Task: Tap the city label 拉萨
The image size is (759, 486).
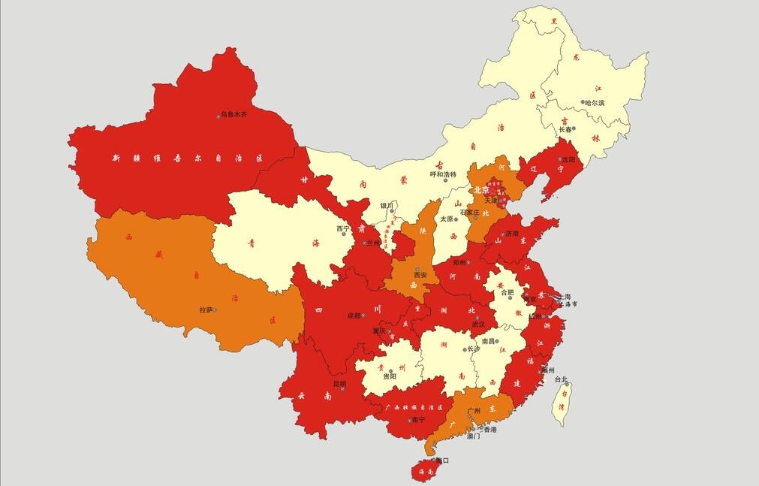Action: coord(206,309)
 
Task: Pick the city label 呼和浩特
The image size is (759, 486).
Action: coord(443,174)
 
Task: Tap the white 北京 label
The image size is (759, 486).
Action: coord(481,190)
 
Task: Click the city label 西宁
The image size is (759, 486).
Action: coord(343,228)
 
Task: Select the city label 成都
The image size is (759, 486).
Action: coord(354,315)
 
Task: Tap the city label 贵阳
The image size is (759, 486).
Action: coord(389,376)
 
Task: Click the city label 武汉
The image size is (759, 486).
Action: coord(478,325)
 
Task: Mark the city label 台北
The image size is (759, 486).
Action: coord(561,379)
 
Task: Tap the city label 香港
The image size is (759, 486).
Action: coord(489,430)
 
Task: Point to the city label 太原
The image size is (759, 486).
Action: coord(447,219)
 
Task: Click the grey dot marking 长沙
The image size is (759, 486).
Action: coord(465,349)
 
